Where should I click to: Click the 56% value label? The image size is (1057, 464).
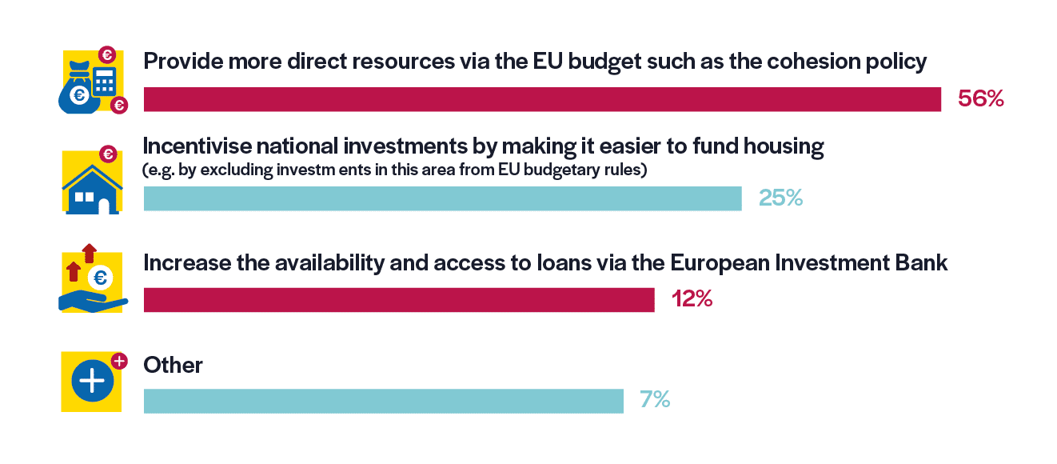[x=980, y=99]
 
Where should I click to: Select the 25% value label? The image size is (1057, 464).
[x=780, y=198]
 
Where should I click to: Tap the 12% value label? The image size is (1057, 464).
[x=692, y=299]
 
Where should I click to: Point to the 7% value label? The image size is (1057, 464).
[x=655, y=400]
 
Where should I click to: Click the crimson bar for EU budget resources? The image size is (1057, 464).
[x=542, y=99]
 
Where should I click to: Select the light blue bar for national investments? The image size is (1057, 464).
[x=442, y=198]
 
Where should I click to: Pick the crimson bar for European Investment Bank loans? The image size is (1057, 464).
[x=399, y=299]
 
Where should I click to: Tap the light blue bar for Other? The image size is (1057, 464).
[x=383, y=401]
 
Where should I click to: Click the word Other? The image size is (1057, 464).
[x=173, y=366]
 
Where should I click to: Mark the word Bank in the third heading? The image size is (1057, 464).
[x=922, y=262]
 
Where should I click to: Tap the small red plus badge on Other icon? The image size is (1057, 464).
[x=120, y=362]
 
